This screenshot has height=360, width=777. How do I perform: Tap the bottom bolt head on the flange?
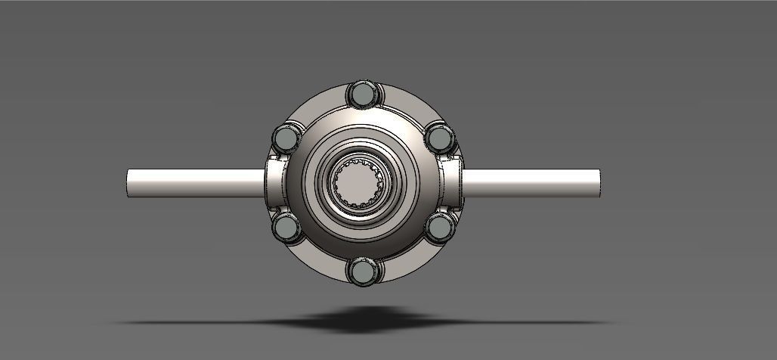[x=362, y=270]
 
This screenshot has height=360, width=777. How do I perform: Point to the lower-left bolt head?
[x=286, y=226]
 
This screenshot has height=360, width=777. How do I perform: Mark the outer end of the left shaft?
[x=130, y=182]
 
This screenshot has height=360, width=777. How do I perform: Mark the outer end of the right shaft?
[x=596, y=182]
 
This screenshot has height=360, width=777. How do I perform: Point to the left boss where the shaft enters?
[x=275, y=182]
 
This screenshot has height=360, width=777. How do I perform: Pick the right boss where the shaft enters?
[x=452, y=182]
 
